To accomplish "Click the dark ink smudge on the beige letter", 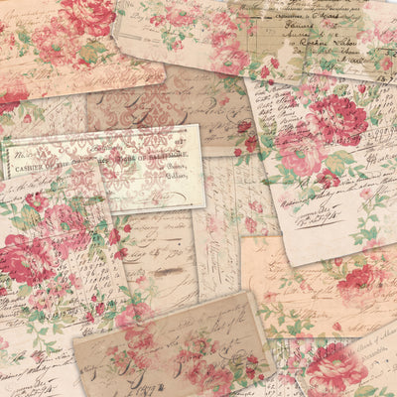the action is [x=167, y=271].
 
